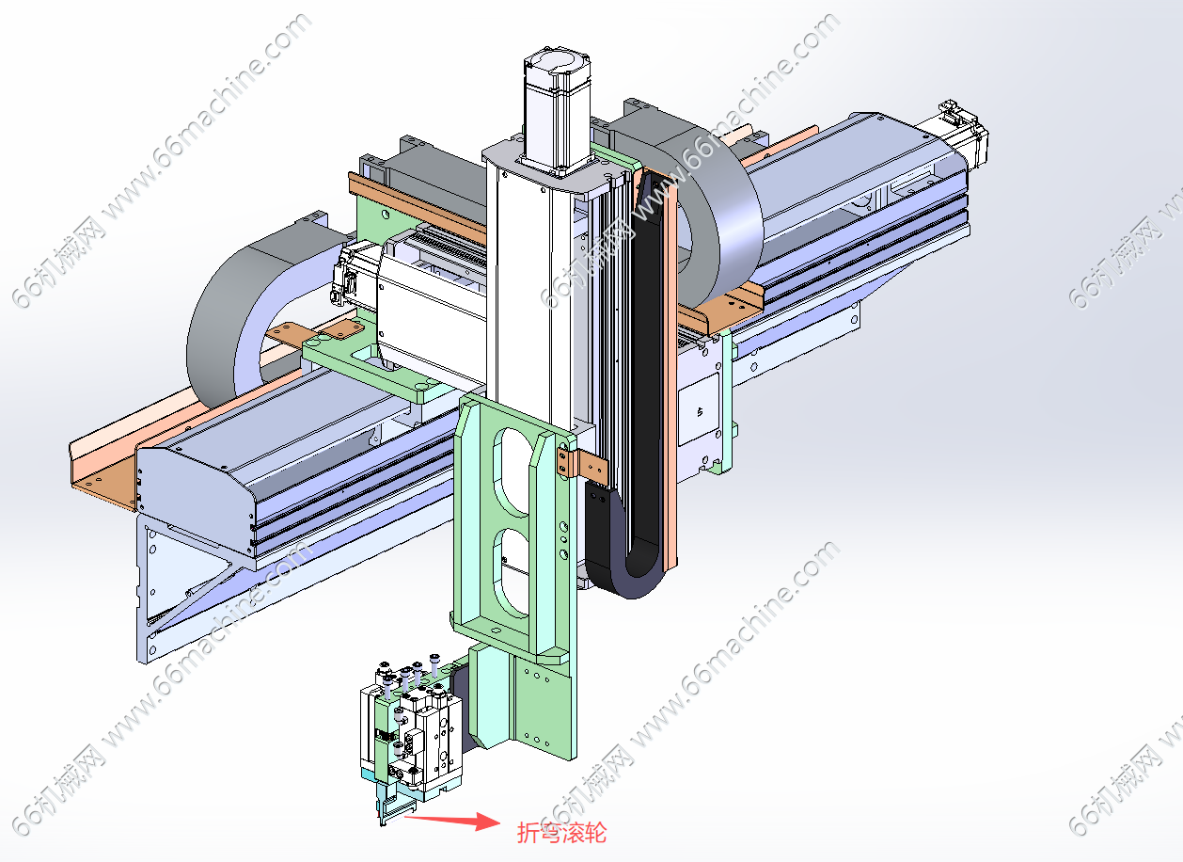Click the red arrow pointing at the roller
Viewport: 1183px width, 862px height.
tap(451, 820)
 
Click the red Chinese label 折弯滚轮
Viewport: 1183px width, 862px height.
tap(561, 833)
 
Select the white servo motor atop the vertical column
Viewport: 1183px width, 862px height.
tap(557, 110)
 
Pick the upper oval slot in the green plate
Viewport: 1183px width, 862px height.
tap(512, 471)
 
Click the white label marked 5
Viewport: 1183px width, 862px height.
tap(699, 409)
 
